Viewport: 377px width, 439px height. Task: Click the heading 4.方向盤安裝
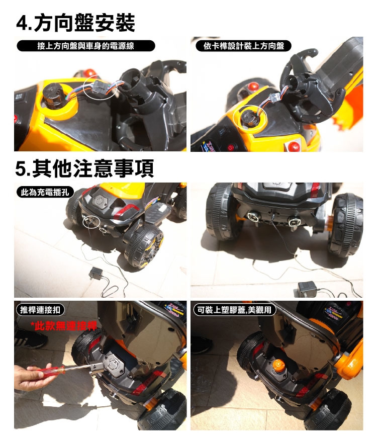coord(75,23)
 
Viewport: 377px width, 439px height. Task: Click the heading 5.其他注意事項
coord(84,168)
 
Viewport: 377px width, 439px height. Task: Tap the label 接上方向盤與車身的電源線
coord(85,46)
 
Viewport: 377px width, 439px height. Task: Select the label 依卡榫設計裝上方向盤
coord(243,46)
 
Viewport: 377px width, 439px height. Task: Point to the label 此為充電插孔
coord(45,192)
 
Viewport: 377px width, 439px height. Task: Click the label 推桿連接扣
coord(40,310)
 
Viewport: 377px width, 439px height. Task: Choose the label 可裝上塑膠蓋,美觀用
coord(235,310)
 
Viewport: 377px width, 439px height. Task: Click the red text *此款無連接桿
coord(64,326)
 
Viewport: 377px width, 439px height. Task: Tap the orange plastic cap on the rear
coord(278,365)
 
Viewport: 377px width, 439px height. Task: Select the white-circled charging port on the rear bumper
coord(91,221)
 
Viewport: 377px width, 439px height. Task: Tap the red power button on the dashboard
coord(231,147)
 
